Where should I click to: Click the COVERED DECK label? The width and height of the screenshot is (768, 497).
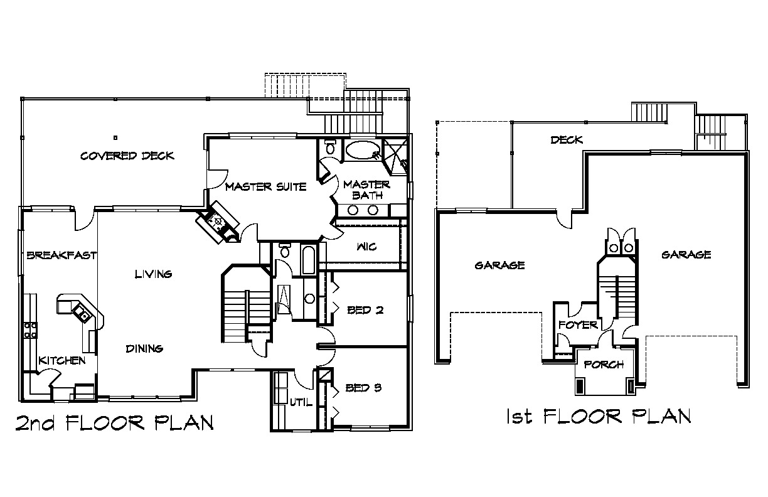127,156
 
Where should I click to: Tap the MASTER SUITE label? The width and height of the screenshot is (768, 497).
265,187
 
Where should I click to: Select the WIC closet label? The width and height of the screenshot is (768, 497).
366,247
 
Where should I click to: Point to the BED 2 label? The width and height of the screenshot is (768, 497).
365,310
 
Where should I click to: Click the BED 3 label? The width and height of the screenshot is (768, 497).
363,388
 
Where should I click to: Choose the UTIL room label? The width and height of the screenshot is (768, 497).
301,402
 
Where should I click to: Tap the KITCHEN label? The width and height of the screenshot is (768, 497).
61,360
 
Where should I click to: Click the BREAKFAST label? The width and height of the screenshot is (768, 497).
61,255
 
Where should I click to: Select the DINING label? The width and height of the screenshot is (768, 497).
144,349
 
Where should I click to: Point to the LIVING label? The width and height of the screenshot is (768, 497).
153,274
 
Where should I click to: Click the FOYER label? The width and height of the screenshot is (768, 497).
578,325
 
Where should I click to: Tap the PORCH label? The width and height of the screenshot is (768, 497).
604,365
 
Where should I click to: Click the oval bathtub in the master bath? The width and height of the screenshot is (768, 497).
363,150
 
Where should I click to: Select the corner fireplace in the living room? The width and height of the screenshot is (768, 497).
218,222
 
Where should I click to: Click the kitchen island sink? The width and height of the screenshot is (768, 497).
81,312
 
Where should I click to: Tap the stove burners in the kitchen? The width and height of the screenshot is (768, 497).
30,330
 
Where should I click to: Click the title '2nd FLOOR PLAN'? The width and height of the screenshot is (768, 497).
115,422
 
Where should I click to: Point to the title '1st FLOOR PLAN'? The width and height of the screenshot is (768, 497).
599,416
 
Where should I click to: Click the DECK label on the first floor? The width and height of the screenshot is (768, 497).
567,139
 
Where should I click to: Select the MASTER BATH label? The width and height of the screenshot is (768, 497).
367,190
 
